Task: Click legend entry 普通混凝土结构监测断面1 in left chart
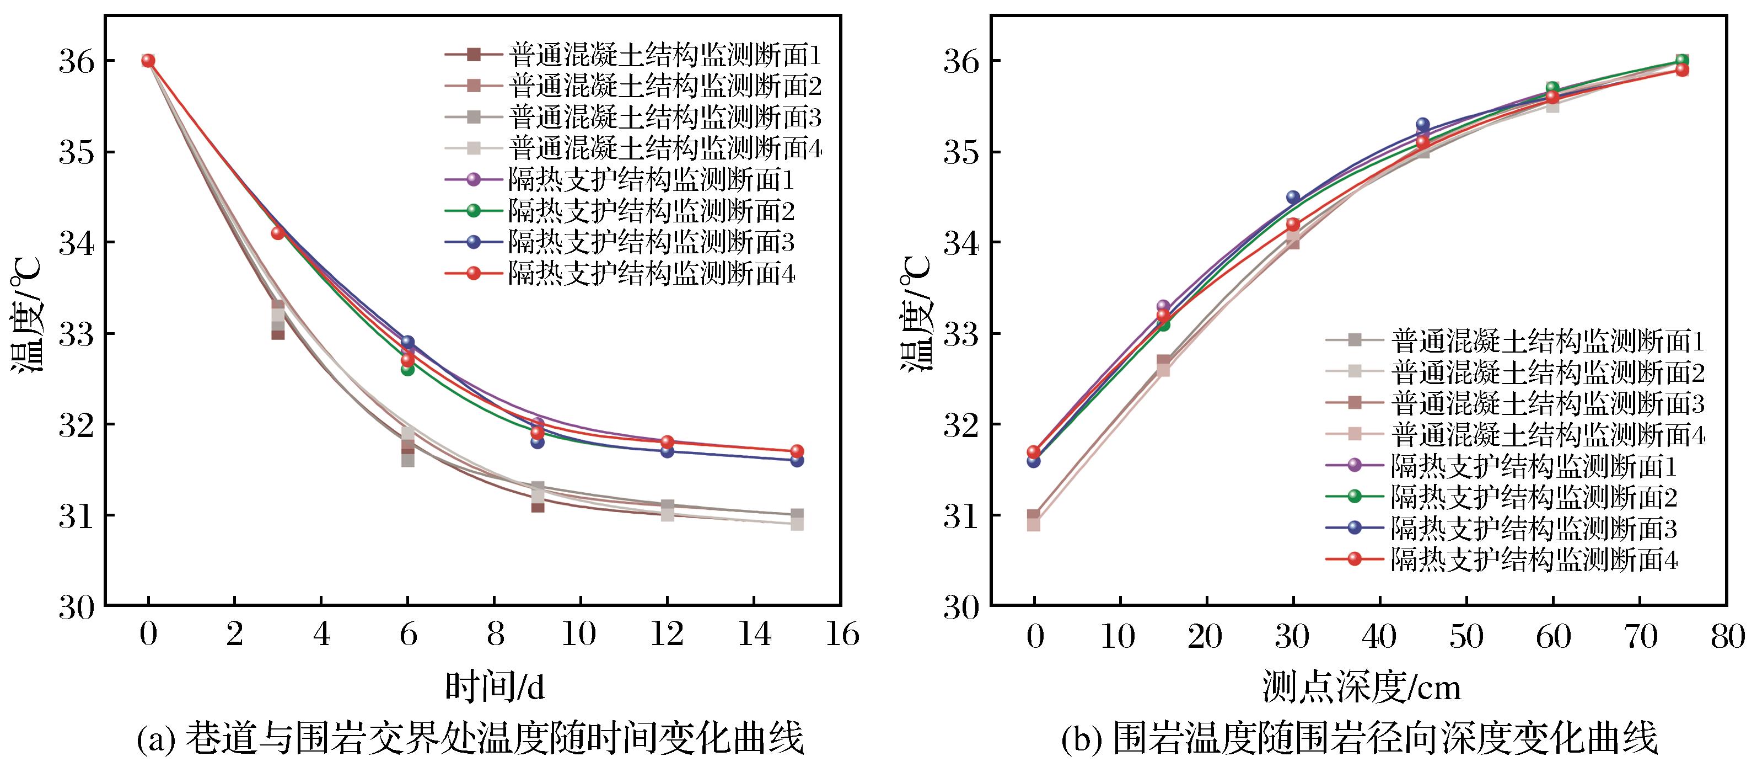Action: click(x=632, y=54)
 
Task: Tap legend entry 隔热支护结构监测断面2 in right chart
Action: click(x=1502, y=497)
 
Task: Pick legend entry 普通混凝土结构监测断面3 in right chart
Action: click(x=1515, y=403)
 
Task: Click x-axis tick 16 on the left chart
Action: click(x=841, y=635)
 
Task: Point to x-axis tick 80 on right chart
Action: click(x=1727, y=637)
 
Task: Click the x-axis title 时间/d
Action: click(x=495, y=687)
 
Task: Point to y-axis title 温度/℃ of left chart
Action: click(x=27, y=314)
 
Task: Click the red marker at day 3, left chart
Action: click(x=278, y=233)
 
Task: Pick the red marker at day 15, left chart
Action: click(x=797, y=451)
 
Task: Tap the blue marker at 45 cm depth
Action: click(x=1423, y=125)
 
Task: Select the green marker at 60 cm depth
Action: click(x=1552, y=88)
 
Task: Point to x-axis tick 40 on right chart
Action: click(x=1380, y=637)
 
